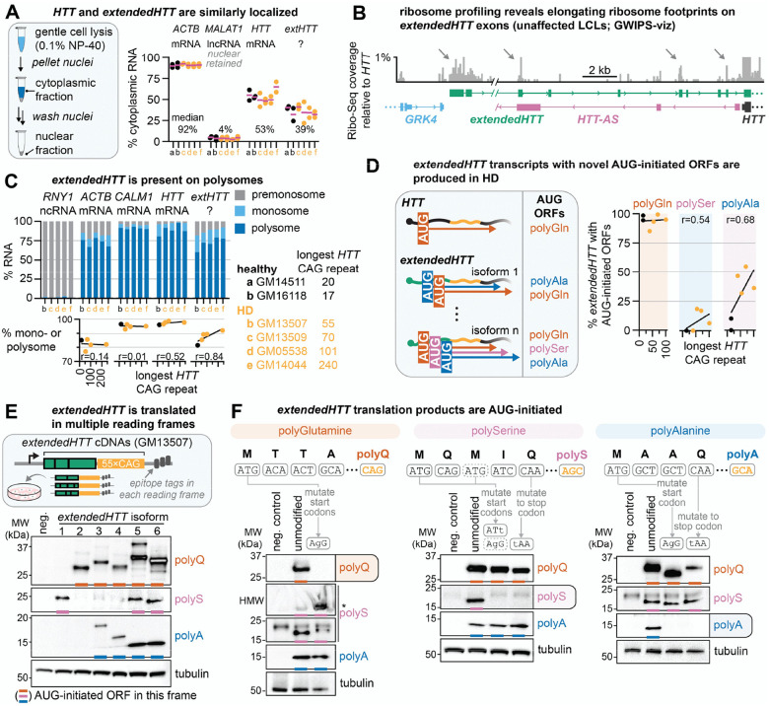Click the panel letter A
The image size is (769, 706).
[10, 10]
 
